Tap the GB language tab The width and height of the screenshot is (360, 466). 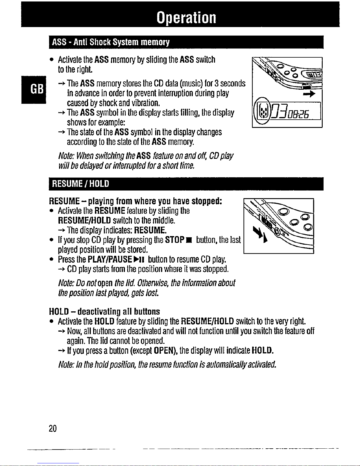coord(34,89)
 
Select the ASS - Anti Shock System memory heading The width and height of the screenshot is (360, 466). coord(110,42)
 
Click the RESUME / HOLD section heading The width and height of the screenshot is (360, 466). coord(80,184)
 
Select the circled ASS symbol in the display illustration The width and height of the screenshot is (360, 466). coord(262,112)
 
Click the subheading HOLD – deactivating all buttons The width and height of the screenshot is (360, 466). coord(104,311)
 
